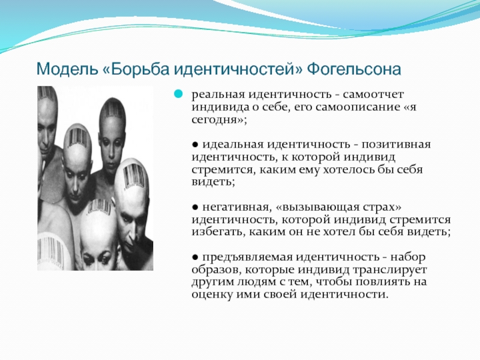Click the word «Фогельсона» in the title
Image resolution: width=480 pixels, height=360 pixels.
354,69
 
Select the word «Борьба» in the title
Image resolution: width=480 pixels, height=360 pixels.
140,69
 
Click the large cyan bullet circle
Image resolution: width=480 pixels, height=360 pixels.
178,94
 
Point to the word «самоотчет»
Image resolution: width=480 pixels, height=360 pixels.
373,94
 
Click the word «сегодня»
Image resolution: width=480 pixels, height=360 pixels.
215,120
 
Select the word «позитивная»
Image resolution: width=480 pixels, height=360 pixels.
396,144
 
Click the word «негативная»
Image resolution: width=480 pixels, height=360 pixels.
235,207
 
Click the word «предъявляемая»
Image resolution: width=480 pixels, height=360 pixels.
247,257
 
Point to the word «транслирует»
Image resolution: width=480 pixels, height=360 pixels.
389,269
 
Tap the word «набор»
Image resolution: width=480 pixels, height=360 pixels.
408,257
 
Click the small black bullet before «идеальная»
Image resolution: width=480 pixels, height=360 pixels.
195,144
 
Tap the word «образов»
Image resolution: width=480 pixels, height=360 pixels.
216,269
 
